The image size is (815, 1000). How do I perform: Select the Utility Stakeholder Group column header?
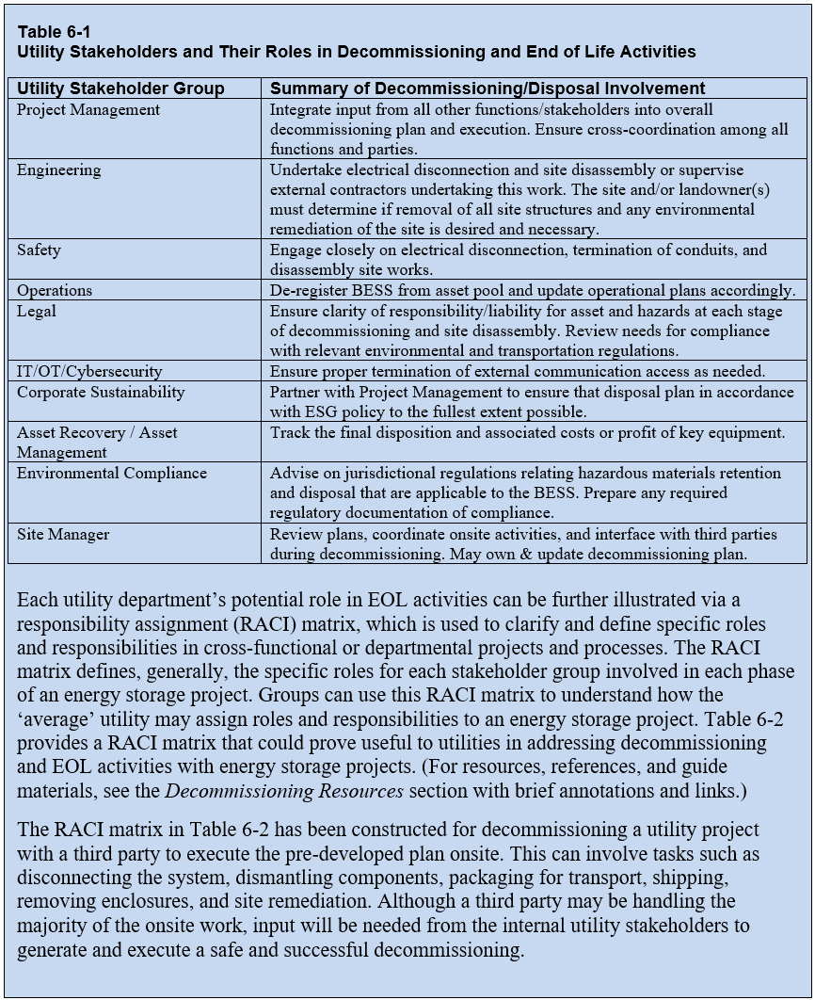click(x=120, y=89)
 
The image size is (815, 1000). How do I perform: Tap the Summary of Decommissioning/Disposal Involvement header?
click(x=487, y=89)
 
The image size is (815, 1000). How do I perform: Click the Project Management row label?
click(x=88, y=109)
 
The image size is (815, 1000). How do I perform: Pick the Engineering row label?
click(x=58, y=170)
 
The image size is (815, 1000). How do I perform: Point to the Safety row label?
click(x=39, y=250)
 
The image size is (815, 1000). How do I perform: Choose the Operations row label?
click(x=55, y=290)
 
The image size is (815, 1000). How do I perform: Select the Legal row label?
click(x=37, y=311)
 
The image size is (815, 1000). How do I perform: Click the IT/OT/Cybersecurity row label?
click(x=89, y=371)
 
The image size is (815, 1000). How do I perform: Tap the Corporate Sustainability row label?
click(x=101, y=392)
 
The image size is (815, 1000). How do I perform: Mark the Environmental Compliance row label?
click(x=111, y=473)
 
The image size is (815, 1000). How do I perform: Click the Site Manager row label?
click(x=63, y=534)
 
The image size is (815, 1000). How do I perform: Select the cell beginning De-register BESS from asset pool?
click(x=532, y=290)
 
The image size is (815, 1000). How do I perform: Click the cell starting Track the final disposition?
click(x=527, y=432)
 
